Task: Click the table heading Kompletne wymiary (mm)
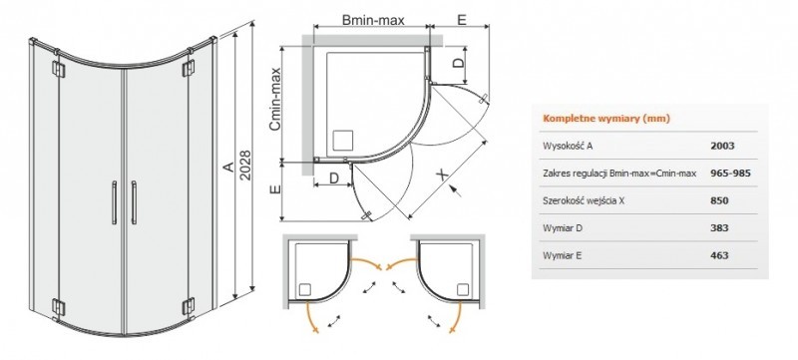click(605, 118)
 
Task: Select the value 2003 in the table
click(723, 146)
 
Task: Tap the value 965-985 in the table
click(730, 173)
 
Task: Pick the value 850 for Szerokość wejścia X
click(719, 200)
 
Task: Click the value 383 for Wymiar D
click(719, 228)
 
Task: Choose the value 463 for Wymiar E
click(719, 256)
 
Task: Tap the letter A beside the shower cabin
click(226, 170)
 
